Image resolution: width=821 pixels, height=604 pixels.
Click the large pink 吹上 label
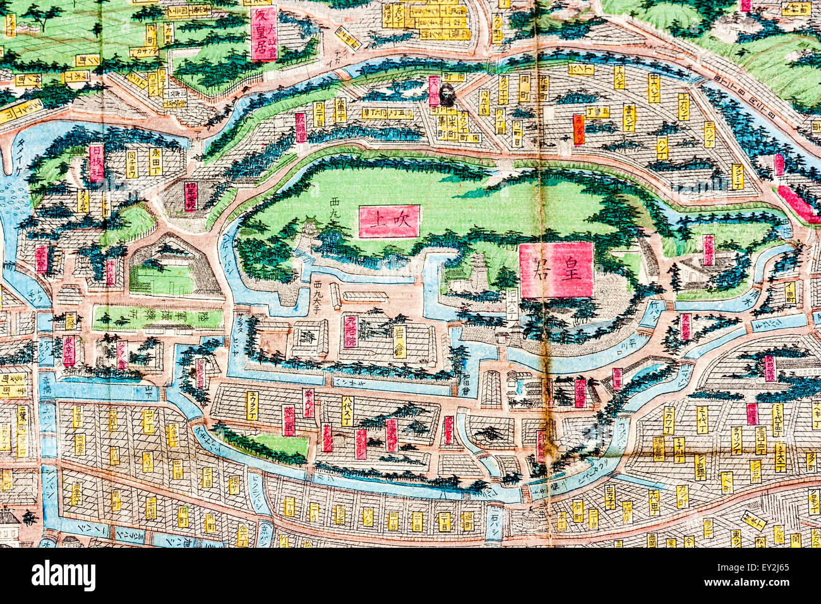389,221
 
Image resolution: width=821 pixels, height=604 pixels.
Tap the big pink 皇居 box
556,270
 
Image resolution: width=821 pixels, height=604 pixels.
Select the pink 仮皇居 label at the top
264,33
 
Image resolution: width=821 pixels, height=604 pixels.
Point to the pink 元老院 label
351,332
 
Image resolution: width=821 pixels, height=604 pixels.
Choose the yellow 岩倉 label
400,341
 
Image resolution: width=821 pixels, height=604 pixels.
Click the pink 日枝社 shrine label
96,162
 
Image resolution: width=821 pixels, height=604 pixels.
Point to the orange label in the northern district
578,130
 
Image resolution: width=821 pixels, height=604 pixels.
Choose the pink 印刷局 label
541,447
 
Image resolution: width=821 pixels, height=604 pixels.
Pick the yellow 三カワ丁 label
669,420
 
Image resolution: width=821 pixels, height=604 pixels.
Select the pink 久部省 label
685,327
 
